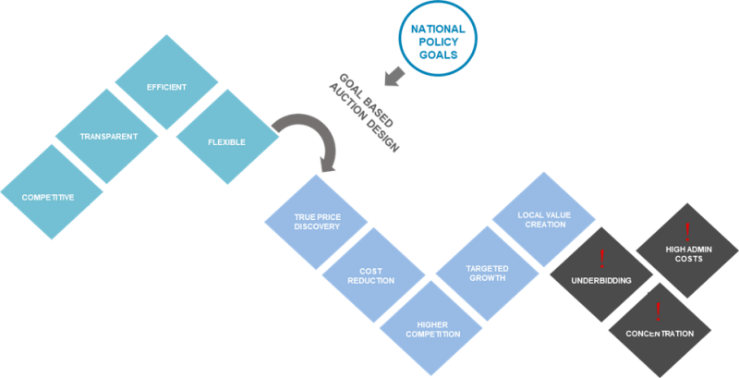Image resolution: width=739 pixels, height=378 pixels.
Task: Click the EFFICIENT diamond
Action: (167, 88)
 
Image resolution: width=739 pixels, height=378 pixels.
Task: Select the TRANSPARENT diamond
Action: (110, 138)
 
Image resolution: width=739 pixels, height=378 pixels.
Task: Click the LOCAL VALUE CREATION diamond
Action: (542, 219)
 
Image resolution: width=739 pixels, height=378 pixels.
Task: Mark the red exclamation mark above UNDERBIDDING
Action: (600, 257)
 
